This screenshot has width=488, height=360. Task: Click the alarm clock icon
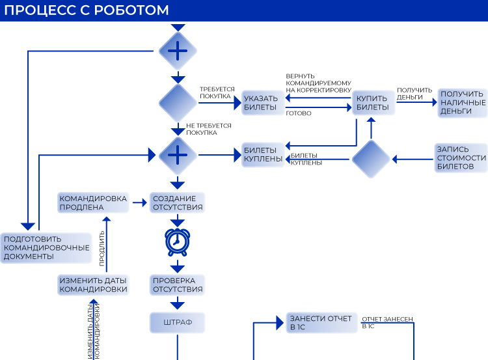tap(178, 242)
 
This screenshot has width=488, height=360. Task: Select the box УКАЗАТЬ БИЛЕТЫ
tap(263, 103)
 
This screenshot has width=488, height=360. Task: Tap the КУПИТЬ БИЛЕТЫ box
tap(373, 103)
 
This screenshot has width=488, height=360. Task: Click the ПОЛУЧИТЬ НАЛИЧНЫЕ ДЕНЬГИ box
tap(463, 103)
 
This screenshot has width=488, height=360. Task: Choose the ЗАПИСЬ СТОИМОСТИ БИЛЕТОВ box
tap(461, 158)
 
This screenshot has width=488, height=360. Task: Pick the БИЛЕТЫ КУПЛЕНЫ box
tap(263, 154)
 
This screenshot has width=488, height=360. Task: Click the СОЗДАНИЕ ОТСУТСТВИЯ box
tap(178, 202)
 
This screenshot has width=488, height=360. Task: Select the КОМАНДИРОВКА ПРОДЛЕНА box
tap(93, 202)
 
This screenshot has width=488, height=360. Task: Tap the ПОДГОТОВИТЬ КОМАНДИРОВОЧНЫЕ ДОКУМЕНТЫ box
tap(46, 248)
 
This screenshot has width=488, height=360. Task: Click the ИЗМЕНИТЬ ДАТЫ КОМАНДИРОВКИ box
tap(93, 285)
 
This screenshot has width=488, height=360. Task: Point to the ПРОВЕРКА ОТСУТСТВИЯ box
tap(178, 285)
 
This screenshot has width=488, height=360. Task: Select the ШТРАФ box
tap(178, 323)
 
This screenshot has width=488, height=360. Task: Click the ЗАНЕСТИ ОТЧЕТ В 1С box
tap(322, 323)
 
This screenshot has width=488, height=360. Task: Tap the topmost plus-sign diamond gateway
tap(178, 51)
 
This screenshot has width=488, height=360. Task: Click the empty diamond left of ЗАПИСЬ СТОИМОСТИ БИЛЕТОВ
tap(371, 159)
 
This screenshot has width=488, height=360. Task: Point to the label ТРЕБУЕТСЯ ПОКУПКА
tap(217, 93)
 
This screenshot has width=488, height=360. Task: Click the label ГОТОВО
tap(299, 113)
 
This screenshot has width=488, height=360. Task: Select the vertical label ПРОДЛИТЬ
tap(102, 248)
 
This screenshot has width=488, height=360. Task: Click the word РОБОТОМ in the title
tap(131, 10)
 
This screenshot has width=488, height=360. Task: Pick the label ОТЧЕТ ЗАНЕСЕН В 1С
tap(387, 323)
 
